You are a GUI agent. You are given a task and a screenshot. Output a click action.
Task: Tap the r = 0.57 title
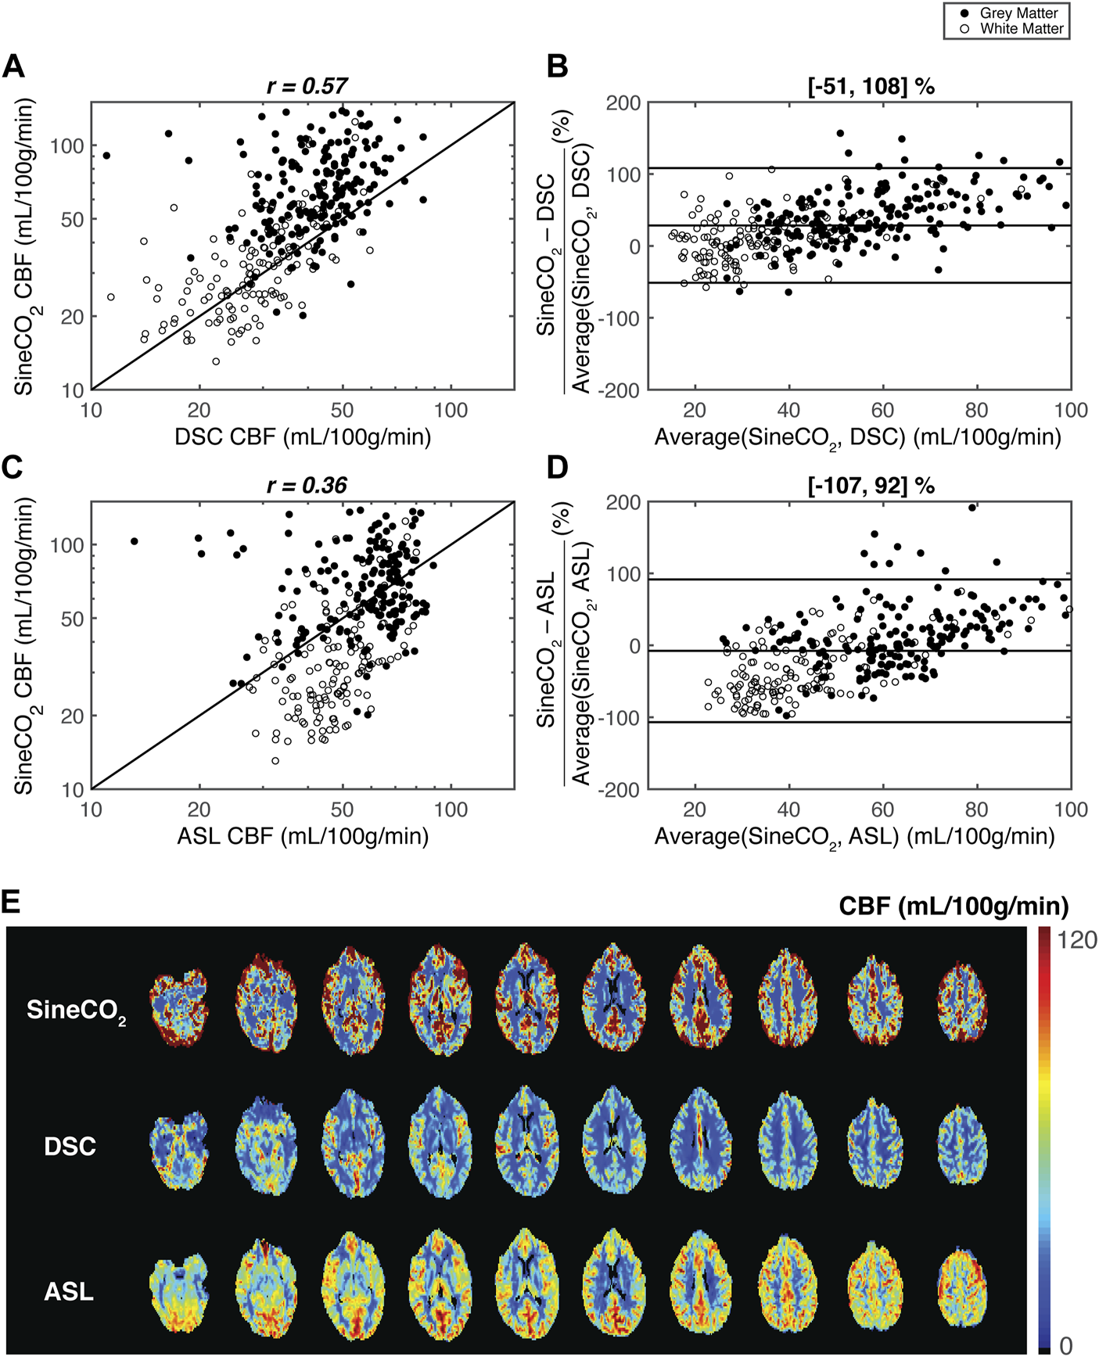click(307, 86)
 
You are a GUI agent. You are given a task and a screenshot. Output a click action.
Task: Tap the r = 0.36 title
click(307, 486)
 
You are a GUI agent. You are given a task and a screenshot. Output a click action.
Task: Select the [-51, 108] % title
click(871, 86)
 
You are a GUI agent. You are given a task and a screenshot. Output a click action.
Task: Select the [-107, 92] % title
click(871, 486)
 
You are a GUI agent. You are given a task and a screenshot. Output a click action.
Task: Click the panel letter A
click(13, 67)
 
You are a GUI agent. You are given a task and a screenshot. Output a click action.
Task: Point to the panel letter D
click(558, 467)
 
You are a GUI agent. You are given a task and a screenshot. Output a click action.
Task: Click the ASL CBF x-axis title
click(303, 836)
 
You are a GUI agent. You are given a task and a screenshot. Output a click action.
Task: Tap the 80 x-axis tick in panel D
click(976, 810)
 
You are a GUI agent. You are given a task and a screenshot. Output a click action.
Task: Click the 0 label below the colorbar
click(1065, 1344)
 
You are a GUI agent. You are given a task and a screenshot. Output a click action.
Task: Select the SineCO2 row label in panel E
click(76, 1011)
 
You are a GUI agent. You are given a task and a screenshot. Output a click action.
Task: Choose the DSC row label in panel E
click(70, 1147)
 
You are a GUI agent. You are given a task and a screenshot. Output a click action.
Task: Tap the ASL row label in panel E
click(69, 1291)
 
